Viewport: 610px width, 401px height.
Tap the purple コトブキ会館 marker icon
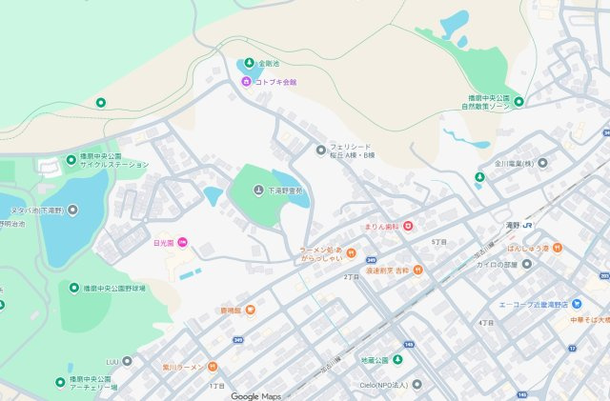coord(246,82)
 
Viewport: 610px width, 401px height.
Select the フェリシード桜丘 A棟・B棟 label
coord(352,150)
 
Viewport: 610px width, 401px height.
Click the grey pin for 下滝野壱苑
coord(258,191)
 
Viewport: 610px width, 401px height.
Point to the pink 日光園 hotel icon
coord(182,243)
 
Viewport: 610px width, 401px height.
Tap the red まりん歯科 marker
coord(407,226)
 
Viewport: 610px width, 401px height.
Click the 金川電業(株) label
coord(515,163)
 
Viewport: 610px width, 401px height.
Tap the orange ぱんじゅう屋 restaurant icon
coord(559,248)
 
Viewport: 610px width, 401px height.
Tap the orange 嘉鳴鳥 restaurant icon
coord(250,310)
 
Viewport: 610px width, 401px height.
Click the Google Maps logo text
coord(256,395)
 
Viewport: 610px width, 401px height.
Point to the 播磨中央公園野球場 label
coord(114,288)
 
